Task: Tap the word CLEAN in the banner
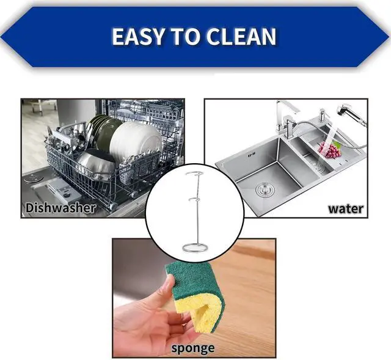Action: tap(241, 37)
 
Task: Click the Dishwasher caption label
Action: tap(60, 208)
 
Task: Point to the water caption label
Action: tap(345, 208)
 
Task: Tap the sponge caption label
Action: tap(193, 348)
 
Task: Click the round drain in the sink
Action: tap(265, 190)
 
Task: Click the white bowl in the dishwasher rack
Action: tap(136, 141)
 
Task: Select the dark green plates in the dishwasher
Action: tap(103, 132)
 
